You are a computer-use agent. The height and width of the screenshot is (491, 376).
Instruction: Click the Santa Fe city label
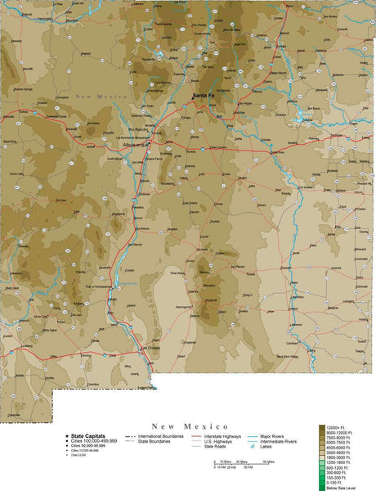coord(204,97)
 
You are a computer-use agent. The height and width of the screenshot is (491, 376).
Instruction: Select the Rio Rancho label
coord(138,128)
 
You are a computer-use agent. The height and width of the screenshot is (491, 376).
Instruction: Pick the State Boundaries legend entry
coord(159,442)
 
